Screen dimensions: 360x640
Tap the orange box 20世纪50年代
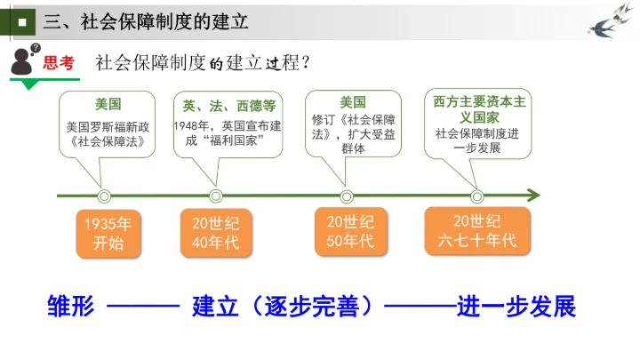(346, 230)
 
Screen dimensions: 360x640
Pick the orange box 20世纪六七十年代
(476, 230)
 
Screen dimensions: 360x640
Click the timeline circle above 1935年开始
(104, 196)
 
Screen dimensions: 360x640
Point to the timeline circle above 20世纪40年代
(215, 196)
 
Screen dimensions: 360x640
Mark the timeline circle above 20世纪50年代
(346, 196)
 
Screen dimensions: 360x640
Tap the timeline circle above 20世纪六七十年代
(477, 196)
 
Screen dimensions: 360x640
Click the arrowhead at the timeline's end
(533, 196)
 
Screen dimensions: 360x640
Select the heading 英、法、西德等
(229, 104)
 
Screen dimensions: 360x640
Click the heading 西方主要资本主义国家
(480, 108)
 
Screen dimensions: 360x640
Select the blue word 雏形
(70, 306)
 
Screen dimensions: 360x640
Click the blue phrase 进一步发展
(516, 306)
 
